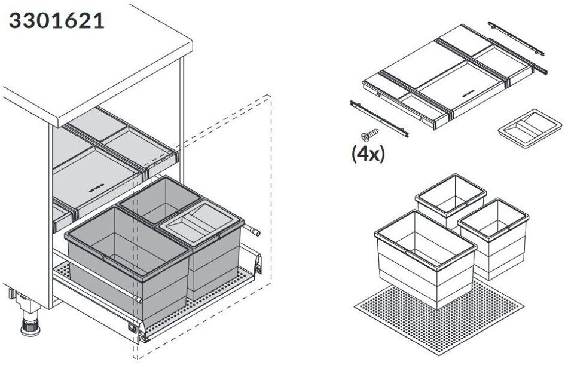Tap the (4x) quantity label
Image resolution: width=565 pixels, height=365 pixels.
pos(367,154)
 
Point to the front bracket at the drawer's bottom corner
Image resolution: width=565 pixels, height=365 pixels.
pos(135,327)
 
